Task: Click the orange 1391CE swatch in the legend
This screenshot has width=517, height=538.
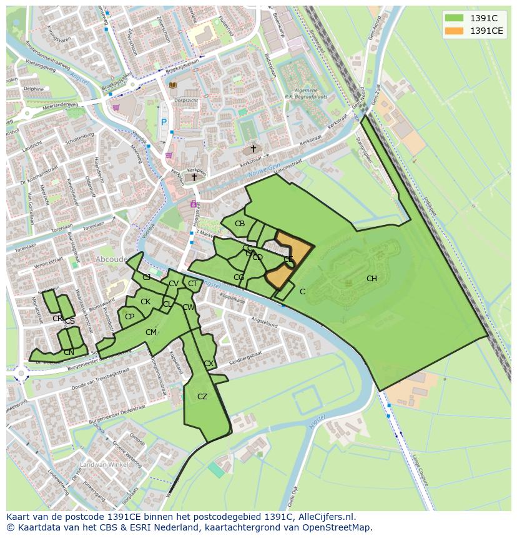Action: (x=453, y=30)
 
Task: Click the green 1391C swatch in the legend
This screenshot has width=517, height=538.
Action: (x=453, y=17)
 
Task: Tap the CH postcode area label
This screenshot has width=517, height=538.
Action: (x=372, y=279)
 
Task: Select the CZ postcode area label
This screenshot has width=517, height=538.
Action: (x=202, y=397)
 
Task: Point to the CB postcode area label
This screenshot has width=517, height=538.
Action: (x=240, y=224)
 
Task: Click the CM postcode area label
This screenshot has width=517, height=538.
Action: (x=151, y=332)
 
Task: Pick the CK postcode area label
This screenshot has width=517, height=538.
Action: (x=145, y=302)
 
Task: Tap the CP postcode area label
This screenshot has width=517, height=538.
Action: (x=129, y=317)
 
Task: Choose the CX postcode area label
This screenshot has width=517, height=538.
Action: (x=209, y=364)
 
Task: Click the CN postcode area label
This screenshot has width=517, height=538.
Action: (x=69, y=352)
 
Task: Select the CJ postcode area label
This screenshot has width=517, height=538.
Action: (x=147, y=277)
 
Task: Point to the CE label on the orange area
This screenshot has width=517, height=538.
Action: (x=288, y=259)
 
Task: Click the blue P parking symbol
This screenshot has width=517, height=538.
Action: (x=164, y=123)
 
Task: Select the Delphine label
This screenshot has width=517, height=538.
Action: (x=34, y=89)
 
